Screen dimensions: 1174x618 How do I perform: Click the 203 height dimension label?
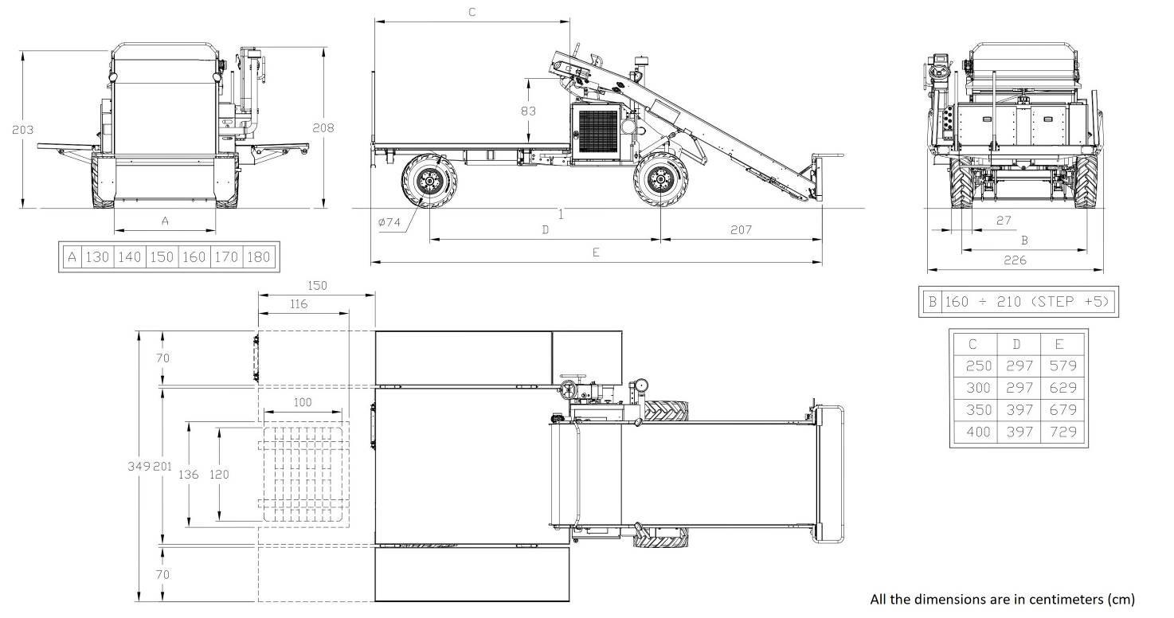22,130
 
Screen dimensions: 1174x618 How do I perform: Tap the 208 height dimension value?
323,128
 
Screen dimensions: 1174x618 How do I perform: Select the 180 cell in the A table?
258,257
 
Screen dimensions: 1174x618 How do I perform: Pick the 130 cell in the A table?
97,257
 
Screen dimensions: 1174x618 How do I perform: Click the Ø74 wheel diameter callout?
389,222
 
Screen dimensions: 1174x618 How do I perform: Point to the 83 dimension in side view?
528,111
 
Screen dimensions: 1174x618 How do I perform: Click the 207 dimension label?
741,229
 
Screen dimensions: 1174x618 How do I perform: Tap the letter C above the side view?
472,12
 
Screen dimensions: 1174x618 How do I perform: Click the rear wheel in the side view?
429,181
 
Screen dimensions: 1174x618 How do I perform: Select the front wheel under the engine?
660,180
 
